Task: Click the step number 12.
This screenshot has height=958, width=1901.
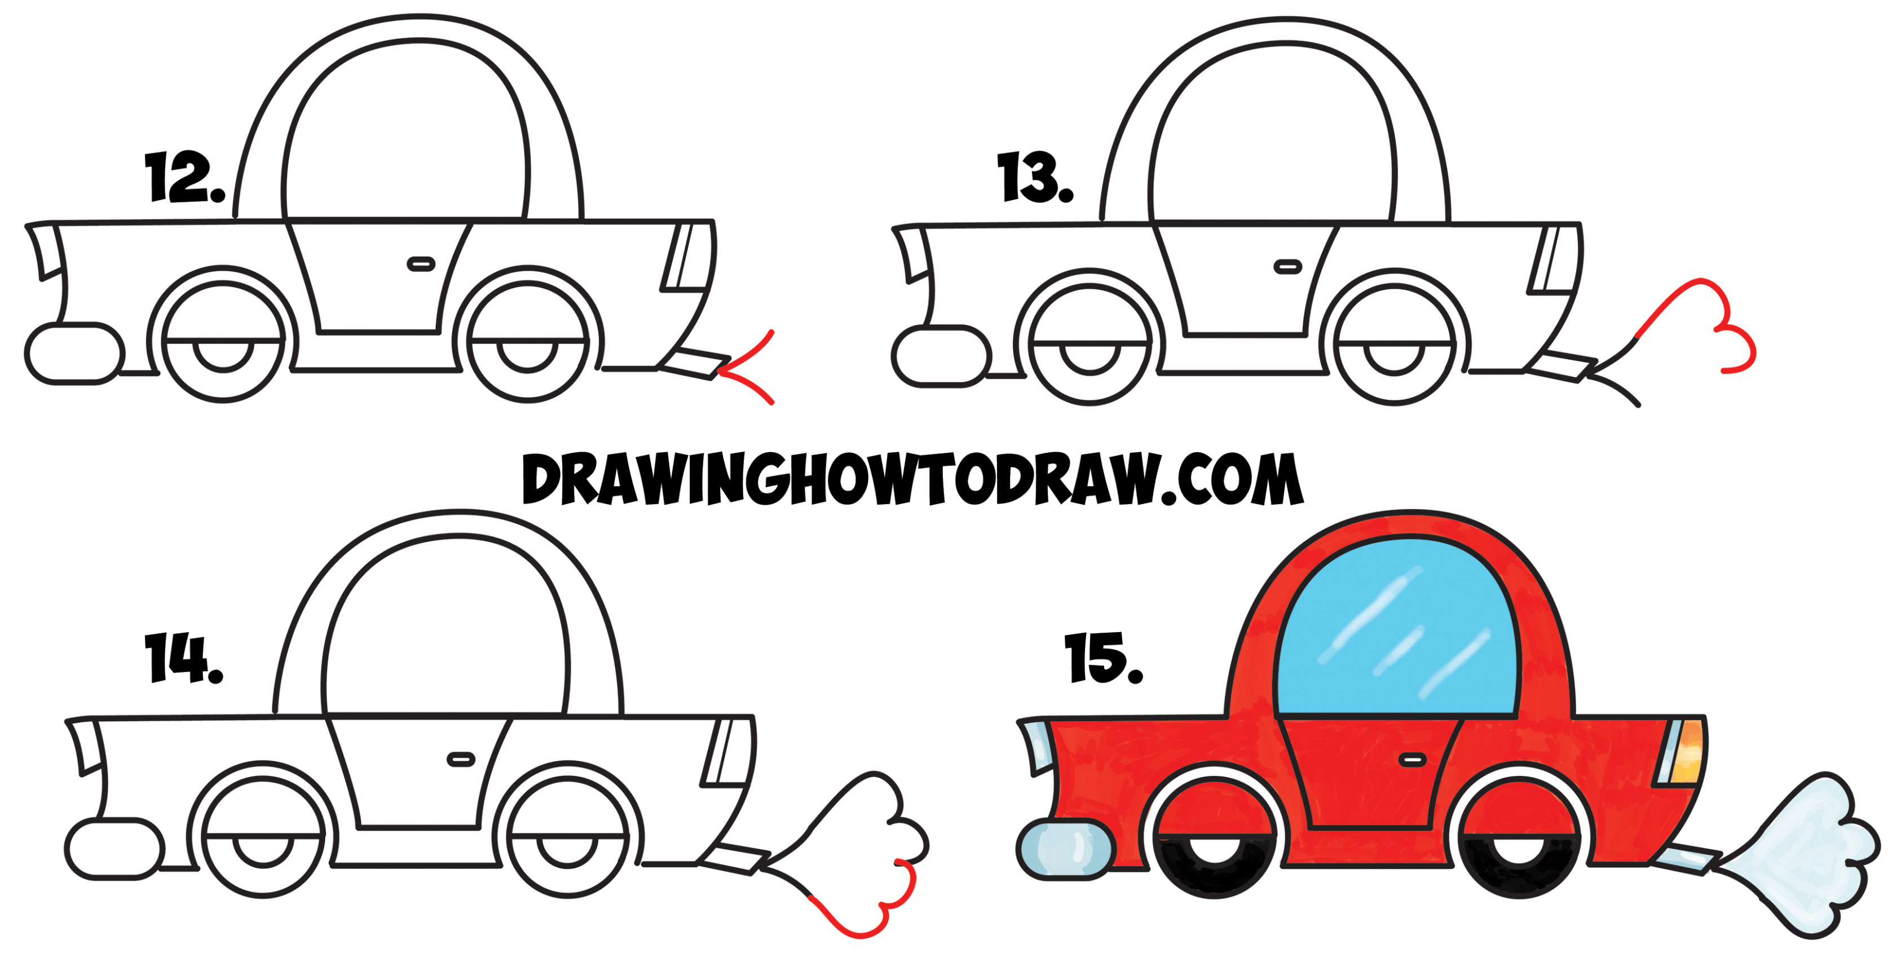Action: click(184, 177)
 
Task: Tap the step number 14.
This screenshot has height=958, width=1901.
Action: click(183, 659)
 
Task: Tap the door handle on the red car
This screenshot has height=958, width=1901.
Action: click(1411, 759)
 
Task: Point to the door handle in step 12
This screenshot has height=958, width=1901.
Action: click(421, 263)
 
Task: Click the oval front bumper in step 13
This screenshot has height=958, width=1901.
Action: click(941, 356)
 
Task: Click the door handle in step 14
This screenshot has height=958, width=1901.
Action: click(461, 759)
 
